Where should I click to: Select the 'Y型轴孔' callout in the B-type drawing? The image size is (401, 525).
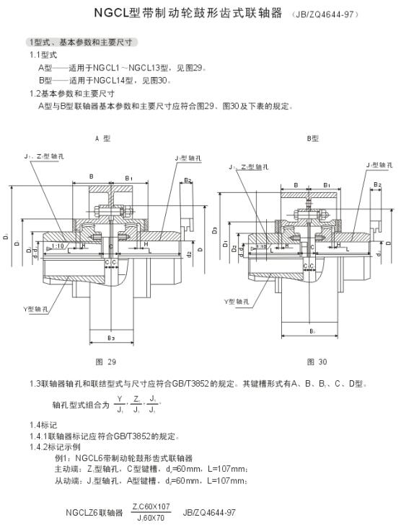pyautogui.click(x=237, y=299)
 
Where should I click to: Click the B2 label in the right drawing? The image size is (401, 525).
pyautogui.click(x=377, y=185)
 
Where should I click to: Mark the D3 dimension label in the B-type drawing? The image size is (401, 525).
pyautogui.click(x=215, y=230)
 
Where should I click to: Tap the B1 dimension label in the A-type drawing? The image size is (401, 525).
pyautogui.click(x=128, y=177)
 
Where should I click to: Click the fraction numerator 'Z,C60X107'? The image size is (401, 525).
pyautogui.click(x=151, y=507)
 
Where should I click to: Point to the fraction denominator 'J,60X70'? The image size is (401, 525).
pyautogui.click(x=150, y=518)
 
